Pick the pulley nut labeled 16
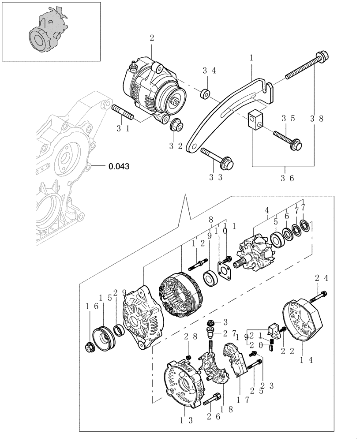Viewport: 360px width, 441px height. pos(90,348)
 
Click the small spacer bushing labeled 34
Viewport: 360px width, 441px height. pos(205,93)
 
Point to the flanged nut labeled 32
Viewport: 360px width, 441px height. pos(176,125)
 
